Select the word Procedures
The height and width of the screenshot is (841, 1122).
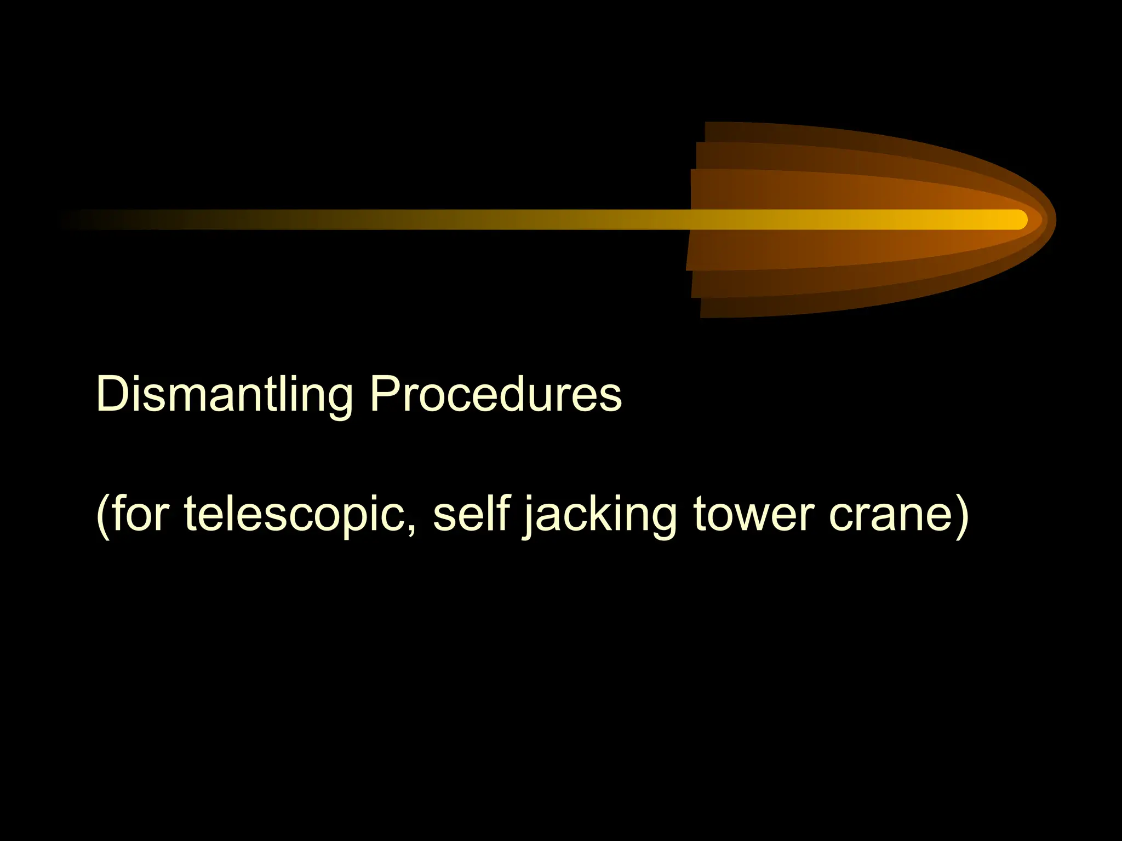pyautogui.click(x=495, y=394)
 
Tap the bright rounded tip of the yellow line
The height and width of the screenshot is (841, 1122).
pyautogui.click(x=1018, y=220)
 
